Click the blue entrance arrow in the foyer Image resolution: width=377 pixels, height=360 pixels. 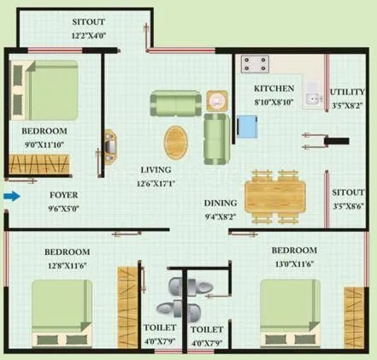pyautogui.click(x=10, y=196)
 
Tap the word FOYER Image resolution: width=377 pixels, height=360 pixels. pyautogui.click(x=39, y=195)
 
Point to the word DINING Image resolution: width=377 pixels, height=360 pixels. pyautogui.click(x=221, y=204)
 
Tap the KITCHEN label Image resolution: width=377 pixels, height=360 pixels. pyautogui.click(x=274, y=88)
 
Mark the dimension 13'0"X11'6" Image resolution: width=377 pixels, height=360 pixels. pyautogui.click(x=294, y=263)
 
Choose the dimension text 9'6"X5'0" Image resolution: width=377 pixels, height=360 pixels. pyautogui.click(x=39, y=207)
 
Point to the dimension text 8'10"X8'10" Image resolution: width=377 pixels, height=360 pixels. pyautogui.click(x=274, y=101)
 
